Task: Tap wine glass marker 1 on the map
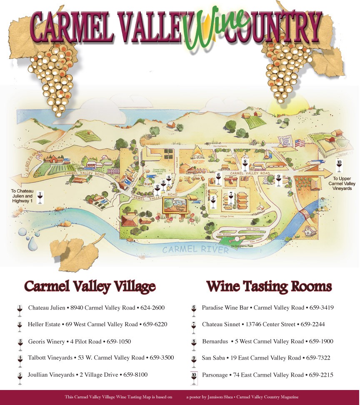40,197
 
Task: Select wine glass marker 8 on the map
245,163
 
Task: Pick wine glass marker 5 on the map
213,202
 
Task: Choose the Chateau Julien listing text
96,308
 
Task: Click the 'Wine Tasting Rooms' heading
269,287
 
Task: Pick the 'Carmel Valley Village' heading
90,287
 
